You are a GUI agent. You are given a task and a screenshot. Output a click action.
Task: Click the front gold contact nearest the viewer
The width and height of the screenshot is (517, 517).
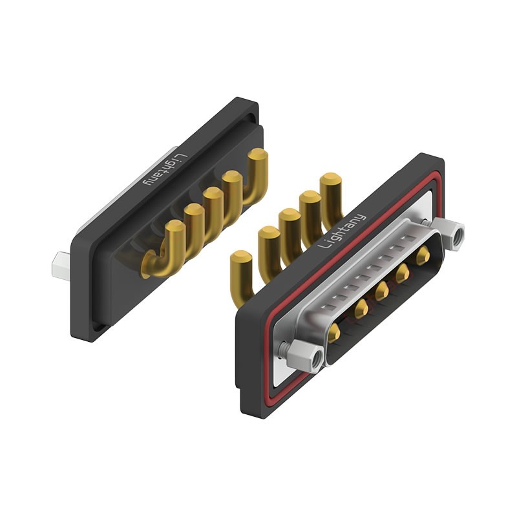coord(335,333)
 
